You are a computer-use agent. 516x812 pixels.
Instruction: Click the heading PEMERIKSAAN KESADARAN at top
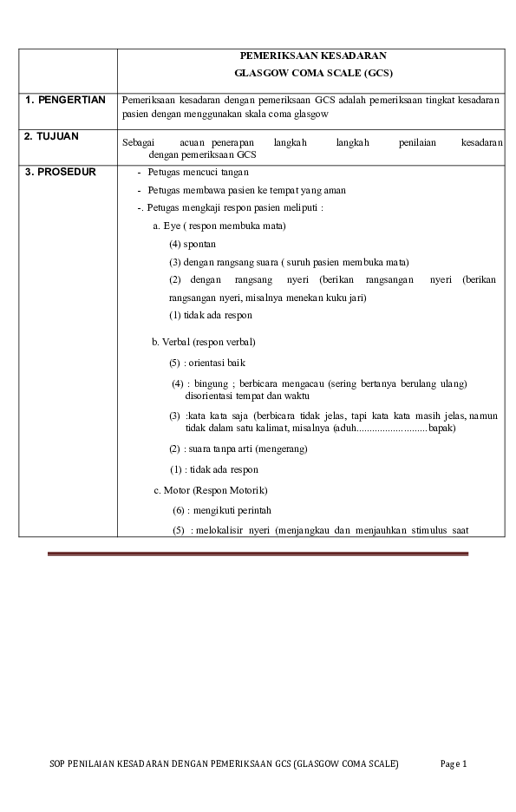(312, 56)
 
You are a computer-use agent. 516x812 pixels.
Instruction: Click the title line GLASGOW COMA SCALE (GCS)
(312, 73)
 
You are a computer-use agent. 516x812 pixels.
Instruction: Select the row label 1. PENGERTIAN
(65, 100)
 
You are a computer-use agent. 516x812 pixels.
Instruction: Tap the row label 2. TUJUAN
(51, 137)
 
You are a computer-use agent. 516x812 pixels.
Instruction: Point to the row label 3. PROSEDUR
(61, 172)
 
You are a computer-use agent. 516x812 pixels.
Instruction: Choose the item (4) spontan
(193, 244)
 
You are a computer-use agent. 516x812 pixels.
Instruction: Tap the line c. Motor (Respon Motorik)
(211, 490)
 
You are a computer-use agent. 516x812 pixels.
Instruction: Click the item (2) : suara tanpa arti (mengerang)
(238, 449)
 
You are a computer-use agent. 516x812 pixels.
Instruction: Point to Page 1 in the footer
(454, 763)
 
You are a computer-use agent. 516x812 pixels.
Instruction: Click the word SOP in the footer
(57, 763)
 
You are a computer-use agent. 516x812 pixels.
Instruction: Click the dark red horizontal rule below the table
(258, 553)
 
